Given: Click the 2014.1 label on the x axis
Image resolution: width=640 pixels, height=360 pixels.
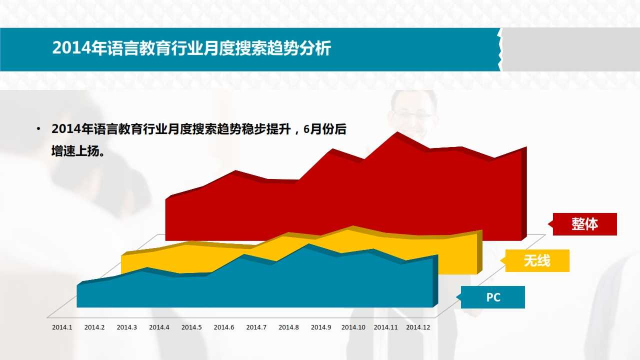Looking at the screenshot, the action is coord(62,327).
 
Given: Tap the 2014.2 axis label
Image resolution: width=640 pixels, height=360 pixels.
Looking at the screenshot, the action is coord(94,327).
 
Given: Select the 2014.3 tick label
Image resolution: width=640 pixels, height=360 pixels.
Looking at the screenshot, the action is coord(126,327).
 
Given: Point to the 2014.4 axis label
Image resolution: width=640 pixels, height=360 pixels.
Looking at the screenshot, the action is coord(159,327).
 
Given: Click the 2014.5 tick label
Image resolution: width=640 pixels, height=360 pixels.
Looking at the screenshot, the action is coord(191,327).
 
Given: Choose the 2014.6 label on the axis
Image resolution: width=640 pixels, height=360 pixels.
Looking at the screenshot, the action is coord(223,327).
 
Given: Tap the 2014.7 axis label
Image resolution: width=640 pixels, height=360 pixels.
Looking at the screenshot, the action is coord(256,327).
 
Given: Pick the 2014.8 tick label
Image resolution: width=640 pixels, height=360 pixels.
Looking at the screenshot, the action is coord(288,327).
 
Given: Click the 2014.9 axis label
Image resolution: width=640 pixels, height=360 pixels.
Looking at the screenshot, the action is coord(321,327).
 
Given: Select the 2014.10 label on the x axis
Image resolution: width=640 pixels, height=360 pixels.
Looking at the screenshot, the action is coord(353,327).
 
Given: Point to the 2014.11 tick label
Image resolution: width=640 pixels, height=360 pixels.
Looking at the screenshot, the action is coord(385,327).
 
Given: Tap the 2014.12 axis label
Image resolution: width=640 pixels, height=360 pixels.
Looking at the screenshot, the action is coord(418,327).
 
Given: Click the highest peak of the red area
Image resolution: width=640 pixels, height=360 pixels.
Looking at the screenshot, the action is coord(397,132).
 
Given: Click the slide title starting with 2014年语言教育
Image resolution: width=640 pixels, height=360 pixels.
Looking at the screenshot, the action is coord(191,47).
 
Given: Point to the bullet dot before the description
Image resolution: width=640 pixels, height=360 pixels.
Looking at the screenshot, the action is coord(38,129).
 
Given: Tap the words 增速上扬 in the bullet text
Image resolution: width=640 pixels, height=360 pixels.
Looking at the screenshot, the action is coord(75,151).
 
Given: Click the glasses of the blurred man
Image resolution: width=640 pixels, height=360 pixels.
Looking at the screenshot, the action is coord(412,115).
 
